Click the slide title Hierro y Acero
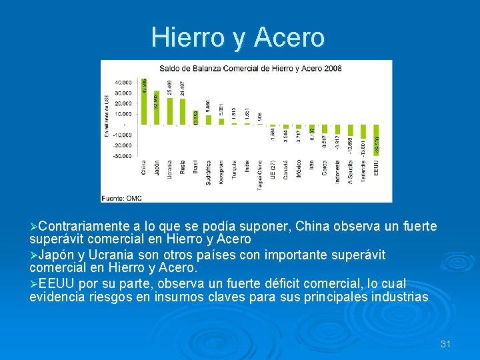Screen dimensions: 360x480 point(238,37)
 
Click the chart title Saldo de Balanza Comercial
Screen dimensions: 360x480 point(250,69)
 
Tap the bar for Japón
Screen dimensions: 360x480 point(157,107)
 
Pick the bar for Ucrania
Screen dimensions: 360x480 point(169,110)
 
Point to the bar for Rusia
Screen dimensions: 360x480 point(182,111)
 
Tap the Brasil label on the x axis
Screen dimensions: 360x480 point(195,166)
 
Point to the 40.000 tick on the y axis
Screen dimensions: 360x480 point(122,83)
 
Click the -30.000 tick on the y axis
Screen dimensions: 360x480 point(121,156)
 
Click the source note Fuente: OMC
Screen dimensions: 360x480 point(122,197)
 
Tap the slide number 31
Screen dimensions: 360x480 point(446,344)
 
